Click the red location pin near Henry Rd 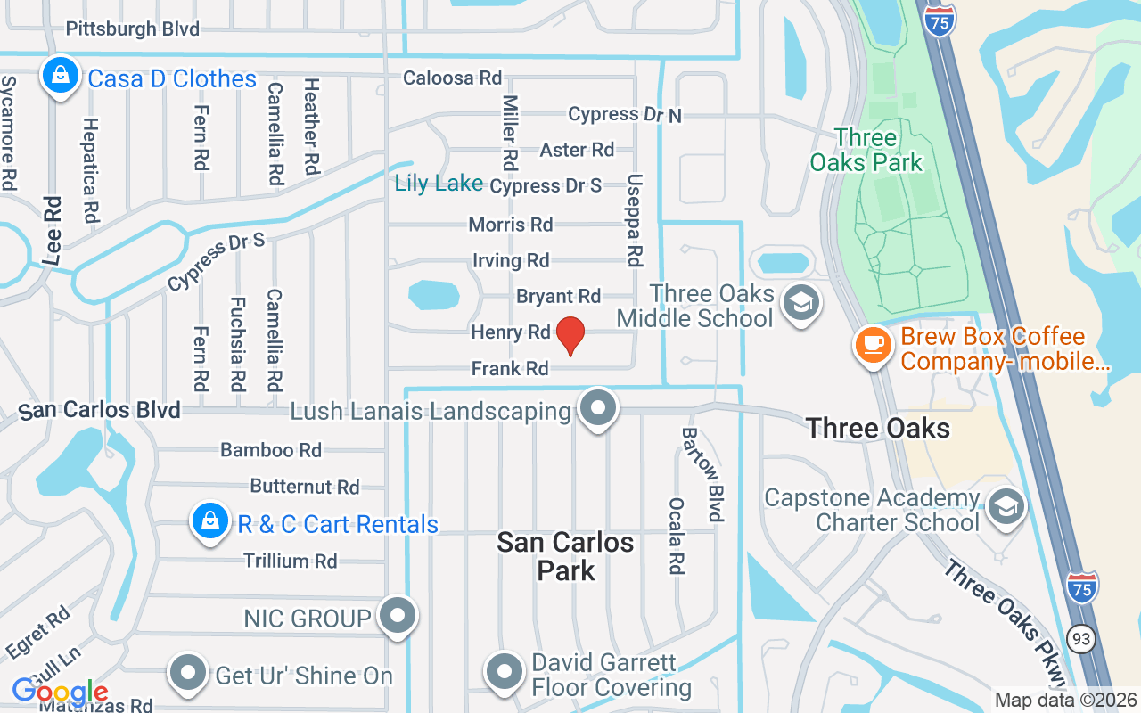[570, 335]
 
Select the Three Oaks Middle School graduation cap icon [800, 303]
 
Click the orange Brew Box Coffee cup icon [873, 343]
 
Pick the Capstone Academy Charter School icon [1006, 507]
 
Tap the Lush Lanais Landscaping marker [598, 409]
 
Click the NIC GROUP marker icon [398, 615]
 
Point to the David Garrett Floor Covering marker [505, 672]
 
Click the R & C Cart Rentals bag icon [210, 521]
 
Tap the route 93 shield [1082, 638]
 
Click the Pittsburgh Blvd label [133, 29]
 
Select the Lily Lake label [439, 184]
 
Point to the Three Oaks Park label [866, 150]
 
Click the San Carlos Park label [566, 556]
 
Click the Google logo [60, 692]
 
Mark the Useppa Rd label [634, 219]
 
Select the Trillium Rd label [290, 561]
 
